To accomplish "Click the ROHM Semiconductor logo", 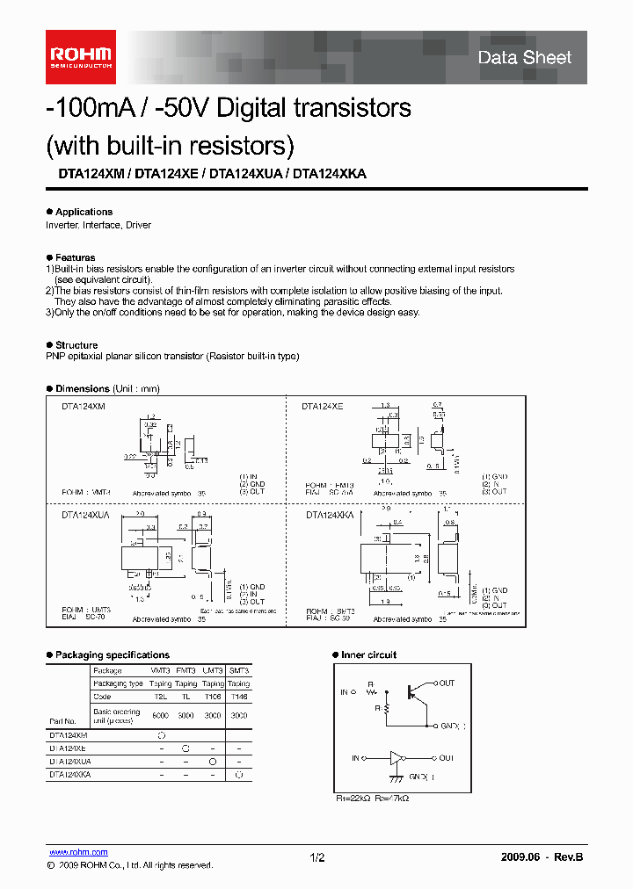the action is (x=80, y=57).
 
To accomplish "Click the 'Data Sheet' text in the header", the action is (x=524, y=58).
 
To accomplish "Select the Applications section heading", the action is (x=84, y=212).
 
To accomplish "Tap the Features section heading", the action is (x=75, y=257).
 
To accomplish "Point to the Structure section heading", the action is (x=76, y=345).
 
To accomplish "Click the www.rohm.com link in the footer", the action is (x=77, y=852).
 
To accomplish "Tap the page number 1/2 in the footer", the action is (x=317, y=857).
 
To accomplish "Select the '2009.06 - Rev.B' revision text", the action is (x=542, y=857).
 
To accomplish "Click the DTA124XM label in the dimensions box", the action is (x=84, y=407).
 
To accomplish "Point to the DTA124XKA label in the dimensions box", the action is (x=330, y=516).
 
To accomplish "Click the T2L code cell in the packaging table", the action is (x=161, y=696).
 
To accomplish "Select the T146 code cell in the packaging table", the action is (x=238, y=696).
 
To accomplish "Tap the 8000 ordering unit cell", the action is (x=161, y=715).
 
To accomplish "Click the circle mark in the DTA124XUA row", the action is (x=212, y=762).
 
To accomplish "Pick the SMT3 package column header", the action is (x=238, y=669).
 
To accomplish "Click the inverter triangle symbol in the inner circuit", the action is (x=397, y=757).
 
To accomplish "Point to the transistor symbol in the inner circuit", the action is (x=411, y=689).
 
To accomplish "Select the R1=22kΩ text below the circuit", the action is (x=354, y=799).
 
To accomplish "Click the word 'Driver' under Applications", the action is (x=138, y=225).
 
